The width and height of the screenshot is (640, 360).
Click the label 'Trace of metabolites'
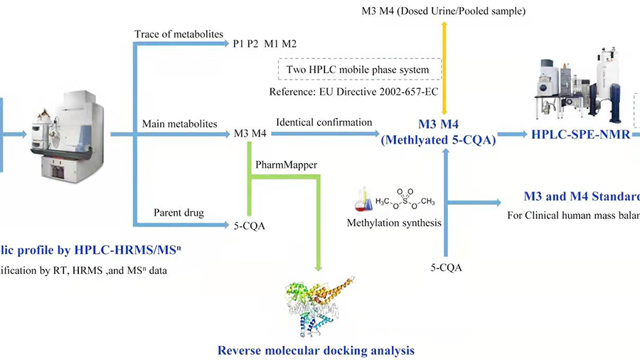tap(178, 34)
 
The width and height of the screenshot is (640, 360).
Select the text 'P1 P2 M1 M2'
tap(265, 43)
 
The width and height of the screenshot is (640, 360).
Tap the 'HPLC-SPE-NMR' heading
tap(580, 134)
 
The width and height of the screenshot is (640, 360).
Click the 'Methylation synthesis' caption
tap(394, 223)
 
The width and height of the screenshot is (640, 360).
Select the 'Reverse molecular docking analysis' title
tap(316, 350)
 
